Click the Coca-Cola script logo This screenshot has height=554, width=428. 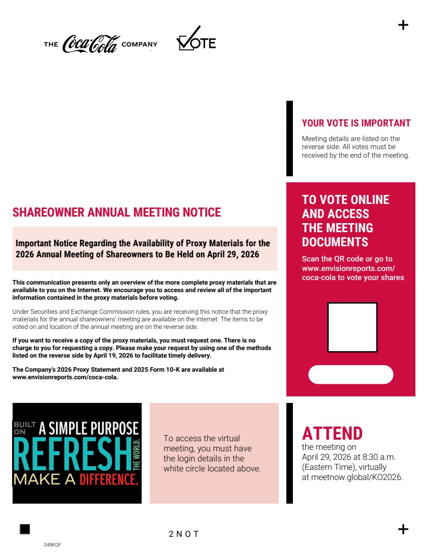(x=91, y=44)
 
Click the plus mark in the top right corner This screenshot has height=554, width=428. (x=403, y=25)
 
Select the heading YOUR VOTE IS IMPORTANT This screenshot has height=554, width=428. (x=356, y=123)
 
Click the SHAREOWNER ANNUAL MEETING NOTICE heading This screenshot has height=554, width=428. (x=116, y=213)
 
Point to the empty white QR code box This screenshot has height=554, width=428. (x=352, y=327)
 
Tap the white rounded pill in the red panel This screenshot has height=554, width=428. (x=350, y=375)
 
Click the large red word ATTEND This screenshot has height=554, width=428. (x=332, y=433)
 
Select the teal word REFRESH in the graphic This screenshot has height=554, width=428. (x=72, y=454)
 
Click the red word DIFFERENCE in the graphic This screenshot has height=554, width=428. (x=108, y=479)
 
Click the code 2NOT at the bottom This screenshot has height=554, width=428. (x=184, y=534)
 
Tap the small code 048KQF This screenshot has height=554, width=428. (x=52, y=545)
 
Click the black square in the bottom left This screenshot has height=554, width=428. (x=25, y=529)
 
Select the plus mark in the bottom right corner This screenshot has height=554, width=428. (x=403, y=529)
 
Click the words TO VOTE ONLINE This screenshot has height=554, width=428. (x=345, y=200)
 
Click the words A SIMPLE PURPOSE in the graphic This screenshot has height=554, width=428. (x=89, y=429)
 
